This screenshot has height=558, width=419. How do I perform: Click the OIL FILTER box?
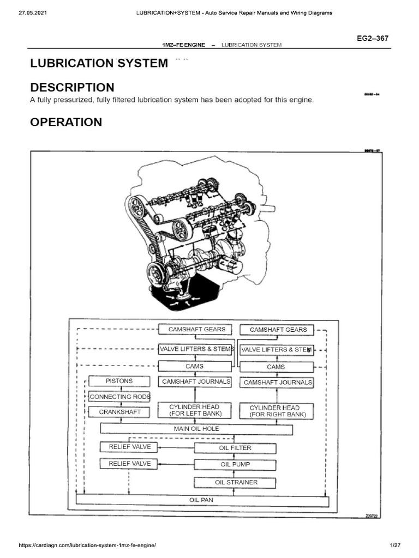235,448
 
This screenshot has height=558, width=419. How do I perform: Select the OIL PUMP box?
235,465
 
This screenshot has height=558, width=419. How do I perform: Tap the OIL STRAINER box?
235,482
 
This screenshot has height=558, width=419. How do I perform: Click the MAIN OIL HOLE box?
196,429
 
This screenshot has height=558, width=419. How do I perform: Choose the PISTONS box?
119,381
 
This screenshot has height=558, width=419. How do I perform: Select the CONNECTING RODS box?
119,397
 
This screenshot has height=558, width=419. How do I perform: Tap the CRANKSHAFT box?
119,412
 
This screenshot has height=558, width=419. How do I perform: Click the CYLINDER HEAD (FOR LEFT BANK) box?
194,410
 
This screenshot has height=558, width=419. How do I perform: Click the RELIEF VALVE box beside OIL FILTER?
125,447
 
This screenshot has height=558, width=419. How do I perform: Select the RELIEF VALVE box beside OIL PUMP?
125,464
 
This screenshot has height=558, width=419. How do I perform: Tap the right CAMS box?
276,367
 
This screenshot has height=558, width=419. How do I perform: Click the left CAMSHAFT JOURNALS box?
196,382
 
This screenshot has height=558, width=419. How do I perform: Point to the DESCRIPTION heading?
72,87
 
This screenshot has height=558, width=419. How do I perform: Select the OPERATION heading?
66,122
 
